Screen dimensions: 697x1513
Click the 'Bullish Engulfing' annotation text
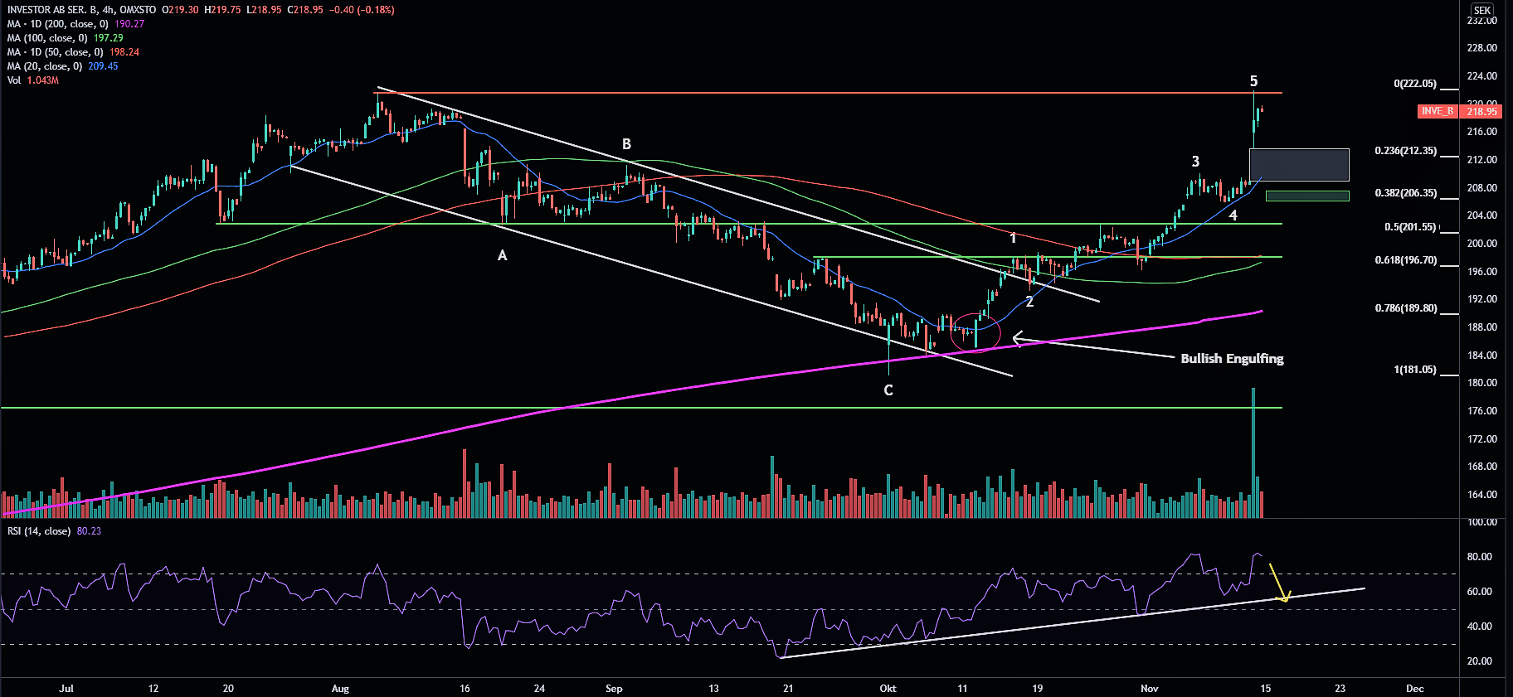pos(1232,358)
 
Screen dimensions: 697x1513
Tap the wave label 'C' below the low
pos(888,390)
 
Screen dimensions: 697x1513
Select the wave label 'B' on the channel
pos(627,144)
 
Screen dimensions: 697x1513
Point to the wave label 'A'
pos(502,256)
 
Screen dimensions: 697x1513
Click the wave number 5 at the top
pos(1253,81)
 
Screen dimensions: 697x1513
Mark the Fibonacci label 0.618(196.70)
pos(1406,260)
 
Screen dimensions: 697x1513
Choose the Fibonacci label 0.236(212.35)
pos(1406,151)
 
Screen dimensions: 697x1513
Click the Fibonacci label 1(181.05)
pos(1415,370)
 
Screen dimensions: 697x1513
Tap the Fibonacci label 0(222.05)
pos(1415,84)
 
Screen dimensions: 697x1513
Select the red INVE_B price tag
pos(1438,111)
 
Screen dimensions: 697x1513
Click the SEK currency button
pos(1482,11)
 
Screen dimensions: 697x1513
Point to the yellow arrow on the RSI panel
pos(1278,583)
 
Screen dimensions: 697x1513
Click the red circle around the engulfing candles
pos(975,332)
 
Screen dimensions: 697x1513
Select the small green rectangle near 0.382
pos(1307,196)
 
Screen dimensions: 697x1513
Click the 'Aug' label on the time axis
pos(340,689)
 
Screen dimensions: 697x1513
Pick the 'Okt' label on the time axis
pos(888,689)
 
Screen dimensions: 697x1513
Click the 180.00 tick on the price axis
pos(1482,383)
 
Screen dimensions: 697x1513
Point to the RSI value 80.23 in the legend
pos(89,531)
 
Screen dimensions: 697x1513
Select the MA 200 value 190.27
pos(129,24)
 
